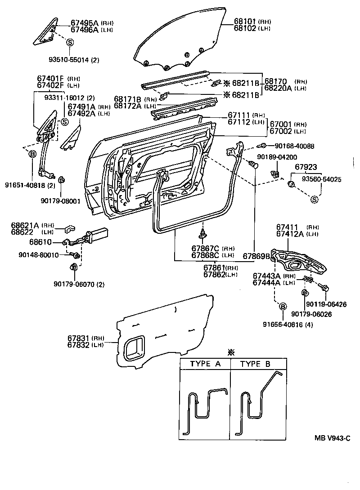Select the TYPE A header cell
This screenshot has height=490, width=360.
[x=205, y=364]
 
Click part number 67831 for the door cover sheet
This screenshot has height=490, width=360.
[x=80, y=338]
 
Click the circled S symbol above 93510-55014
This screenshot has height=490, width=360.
[x=70, y=42]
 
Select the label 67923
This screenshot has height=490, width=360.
[x=306, y=167]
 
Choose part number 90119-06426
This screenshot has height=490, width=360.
[x=328, y=304]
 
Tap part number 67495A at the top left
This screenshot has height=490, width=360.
[x=85, y=22]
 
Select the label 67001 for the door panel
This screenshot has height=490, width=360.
[x=282, y=124]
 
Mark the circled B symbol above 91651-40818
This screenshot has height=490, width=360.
[x=33, y=154]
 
